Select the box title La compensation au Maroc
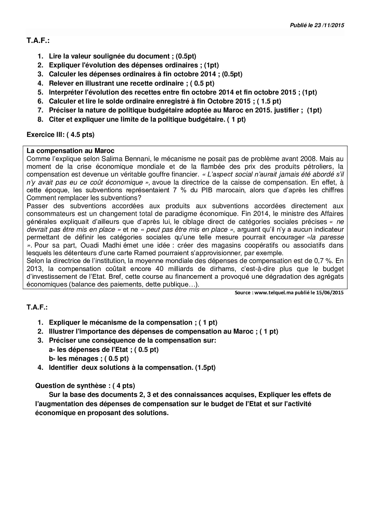tap(70, 151)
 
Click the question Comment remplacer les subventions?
tap(84, 198)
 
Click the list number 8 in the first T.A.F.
tap(40, 119)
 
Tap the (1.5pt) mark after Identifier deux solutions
tap(205, 367)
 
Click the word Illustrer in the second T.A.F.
tap(61, 331)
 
